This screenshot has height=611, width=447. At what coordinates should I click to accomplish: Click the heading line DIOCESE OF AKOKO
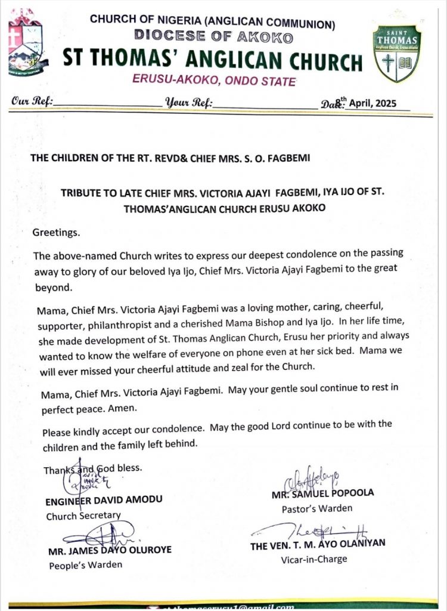[213, 38]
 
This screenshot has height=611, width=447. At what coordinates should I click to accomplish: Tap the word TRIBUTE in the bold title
[95, 192]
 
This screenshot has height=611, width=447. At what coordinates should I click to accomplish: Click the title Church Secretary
[83, 516]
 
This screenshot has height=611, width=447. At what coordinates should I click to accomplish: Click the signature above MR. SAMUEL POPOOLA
[313, 477]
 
